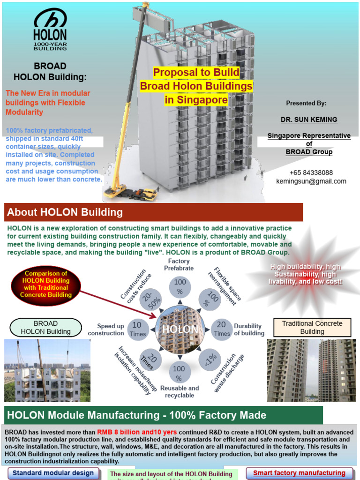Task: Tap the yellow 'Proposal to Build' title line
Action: (196, 73)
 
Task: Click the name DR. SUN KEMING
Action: (309, 120)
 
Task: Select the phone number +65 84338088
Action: (311, 173)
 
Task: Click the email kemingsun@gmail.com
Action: (311, 181)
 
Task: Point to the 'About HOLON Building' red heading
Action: (65, 212)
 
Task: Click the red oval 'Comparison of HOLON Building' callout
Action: (46, 284)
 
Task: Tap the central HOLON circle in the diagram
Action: (180, 329)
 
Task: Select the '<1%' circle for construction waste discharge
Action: (210, 359)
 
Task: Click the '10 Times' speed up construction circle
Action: (137, 329)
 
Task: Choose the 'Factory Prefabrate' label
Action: (179, 264)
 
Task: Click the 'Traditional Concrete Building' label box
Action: (312, 327)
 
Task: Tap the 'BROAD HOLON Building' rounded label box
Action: (45, 327)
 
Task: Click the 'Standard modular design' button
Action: (53, 473)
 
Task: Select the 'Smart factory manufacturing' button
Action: (299, 473)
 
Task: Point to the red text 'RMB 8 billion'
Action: (117, 432)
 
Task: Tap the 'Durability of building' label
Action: (249, 330)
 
